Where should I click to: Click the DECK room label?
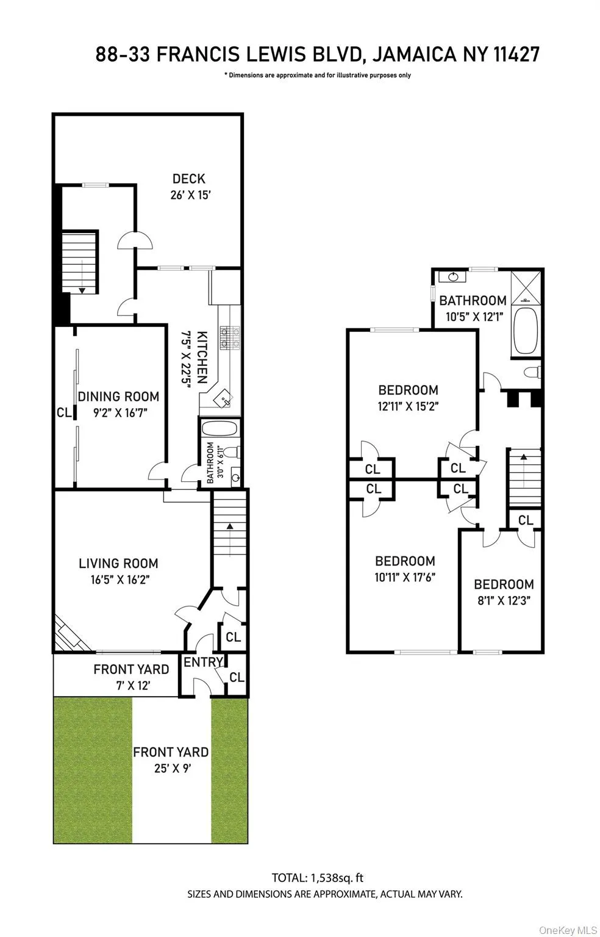coord(188,179)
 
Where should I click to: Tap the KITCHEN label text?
coord(202,357)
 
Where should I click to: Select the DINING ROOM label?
coord(118,397)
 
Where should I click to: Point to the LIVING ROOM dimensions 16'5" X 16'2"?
coord(118,579)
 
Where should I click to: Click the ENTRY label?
coord(203,662)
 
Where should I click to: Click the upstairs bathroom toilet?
coord(532,372)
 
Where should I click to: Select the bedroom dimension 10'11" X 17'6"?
coord(405,577)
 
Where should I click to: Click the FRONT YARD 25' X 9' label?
coord(171,759)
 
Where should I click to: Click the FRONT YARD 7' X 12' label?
coord(130,677)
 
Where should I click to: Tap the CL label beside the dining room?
coord(64,412)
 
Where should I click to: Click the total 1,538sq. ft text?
coord(317,878)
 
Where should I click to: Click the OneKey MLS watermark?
coord(568,930)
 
